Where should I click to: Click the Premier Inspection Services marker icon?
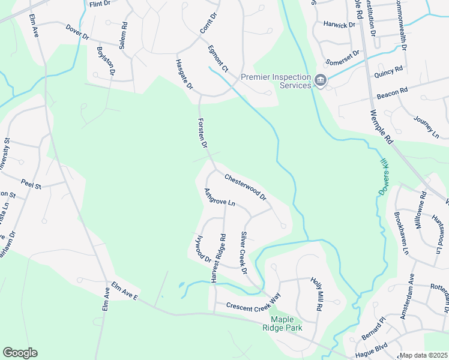click(321, 80)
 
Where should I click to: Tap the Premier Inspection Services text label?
click(276, 81)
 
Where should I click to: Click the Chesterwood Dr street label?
click(245, 187)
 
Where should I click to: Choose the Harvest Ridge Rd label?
click(217, 254)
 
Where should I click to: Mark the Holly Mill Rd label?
click(316, 293)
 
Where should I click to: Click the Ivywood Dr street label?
click(200, 248)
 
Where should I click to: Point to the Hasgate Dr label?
click(184, 74)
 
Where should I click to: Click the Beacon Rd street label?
click(393, 93)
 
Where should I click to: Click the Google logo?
click(20, 353)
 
